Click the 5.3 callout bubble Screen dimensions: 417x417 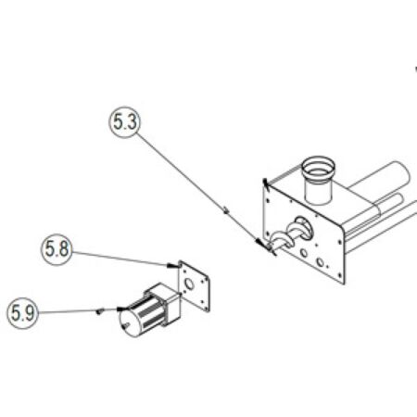coord(124,122)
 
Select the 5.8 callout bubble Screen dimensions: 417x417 coord(57,249)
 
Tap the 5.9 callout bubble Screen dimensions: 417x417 coord(23,313)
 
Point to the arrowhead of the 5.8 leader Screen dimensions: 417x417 coord(172,265)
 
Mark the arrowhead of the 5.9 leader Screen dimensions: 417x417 coord(122,309)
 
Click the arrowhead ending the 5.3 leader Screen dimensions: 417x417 coord(261,244)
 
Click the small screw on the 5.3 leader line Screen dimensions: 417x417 coord(226,210)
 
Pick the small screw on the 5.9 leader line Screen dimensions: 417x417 coord(98,311)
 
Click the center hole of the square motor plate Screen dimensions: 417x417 coord(189,284)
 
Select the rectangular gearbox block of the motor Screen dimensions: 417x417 coord(164,304)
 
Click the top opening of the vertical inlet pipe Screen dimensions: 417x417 coord(319,166)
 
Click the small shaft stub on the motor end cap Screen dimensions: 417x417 coord(126,325)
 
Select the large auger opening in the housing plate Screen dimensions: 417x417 coord(304,228)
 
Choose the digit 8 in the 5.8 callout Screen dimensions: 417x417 coord(64,249)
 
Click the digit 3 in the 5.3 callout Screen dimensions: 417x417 coord(132,122)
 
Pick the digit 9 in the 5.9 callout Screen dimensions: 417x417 coord(30,313)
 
